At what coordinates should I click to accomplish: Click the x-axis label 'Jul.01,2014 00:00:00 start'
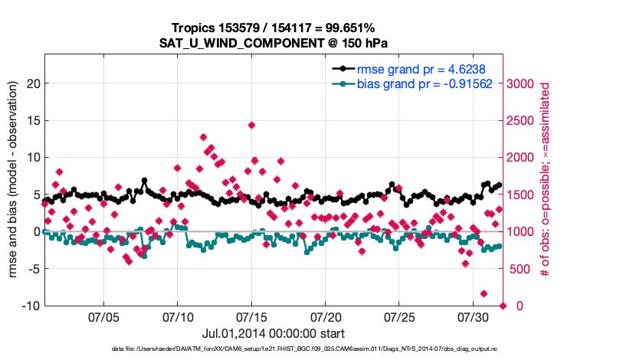pos(274,334)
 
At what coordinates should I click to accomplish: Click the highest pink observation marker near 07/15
pos(251,125)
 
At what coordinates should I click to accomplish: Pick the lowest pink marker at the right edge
pos(503,306)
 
